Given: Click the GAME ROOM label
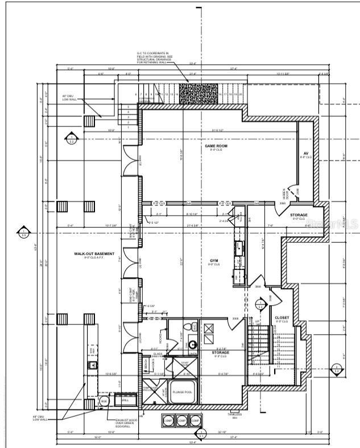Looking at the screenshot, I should click(216, 146).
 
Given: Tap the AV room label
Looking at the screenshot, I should click(306, 154).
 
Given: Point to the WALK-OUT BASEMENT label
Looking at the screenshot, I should click(94, 253).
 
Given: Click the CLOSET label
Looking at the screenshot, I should click(281, 318).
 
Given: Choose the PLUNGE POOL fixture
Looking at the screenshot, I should click(181, 392).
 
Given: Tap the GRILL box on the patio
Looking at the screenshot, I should click(125, 400).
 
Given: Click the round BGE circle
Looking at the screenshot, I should click(104, 401).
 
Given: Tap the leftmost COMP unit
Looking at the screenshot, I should click(168, 421).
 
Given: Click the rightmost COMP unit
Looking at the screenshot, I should click(195, 421).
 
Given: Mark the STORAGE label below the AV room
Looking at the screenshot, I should click(299, 215).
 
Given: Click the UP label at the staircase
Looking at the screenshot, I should click(257, 322).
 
